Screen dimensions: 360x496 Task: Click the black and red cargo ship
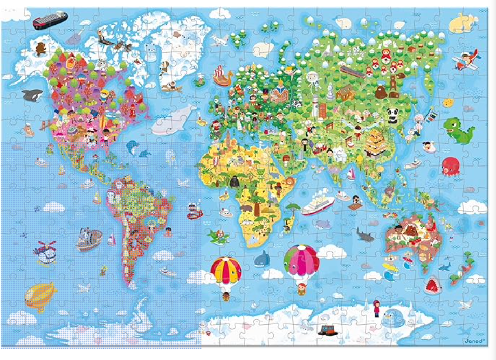coord(50,20)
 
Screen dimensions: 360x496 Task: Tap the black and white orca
coord(33,94)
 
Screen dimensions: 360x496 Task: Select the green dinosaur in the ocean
coord(459,130)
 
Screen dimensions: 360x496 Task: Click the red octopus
coord(449,167)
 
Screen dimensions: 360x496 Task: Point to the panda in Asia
coord(392,115)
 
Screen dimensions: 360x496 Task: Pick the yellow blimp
coord(40,296)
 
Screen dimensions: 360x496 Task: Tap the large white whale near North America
coord(174,120)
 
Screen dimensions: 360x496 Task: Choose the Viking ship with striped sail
coord(224,77)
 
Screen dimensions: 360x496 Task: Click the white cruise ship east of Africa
coord(318,204)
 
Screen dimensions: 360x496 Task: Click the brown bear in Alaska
coord(40,49)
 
